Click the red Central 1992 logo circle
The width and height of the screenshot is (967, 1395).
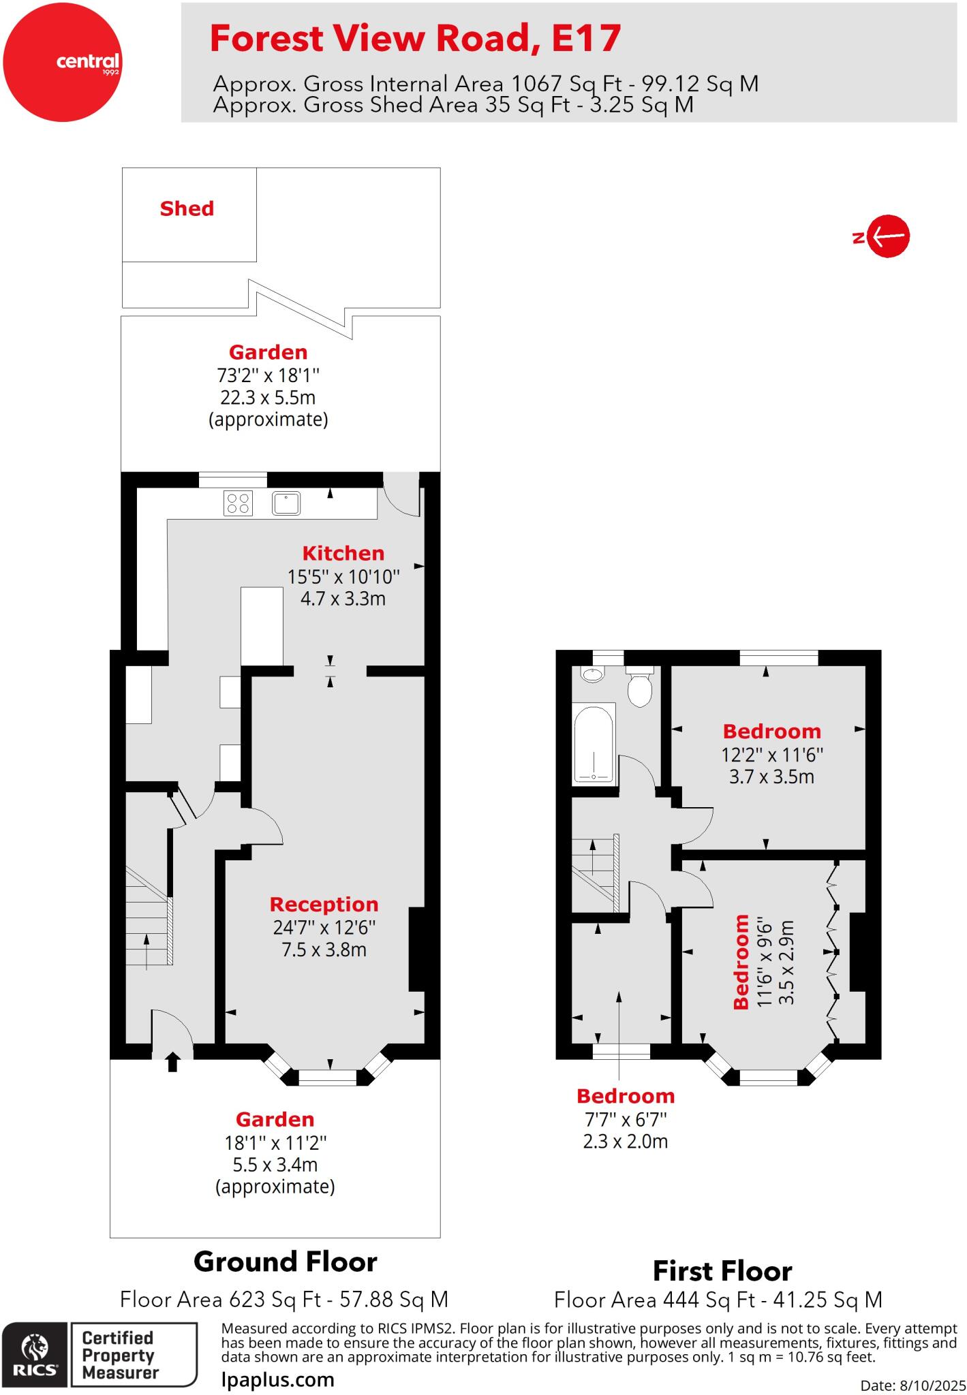click(x=62, y=62)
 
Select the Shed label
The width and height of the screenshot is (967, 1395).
click(x=187, y=208)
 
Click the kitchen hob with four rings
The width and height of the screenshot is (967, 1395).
click(x=238, y=503)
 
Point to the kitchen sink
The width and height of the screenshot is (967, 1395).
click(x=286, y=503)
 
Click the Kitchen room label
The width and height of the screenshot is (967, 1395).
click(x=343, y=553)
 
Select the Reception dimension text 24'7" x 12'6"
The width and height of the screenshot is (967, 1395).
click(x=324, y=927)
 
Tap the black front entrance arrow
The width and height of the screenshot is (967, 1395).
click(x=172, y=1062)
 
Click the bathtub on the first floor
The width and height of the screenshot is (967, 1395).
click(x=594, y=744)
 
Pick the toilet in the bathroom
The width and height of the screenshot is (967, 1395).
click(x=640, y=688)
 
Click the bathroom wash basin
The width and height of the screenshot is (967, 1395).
click(x=593, y=674)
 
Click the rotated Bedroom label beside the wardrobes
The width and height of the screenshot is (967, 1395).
click(x=741, y=961)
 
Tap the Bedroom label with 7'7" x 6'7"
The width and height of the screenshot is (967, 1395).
click(x=625, y=1096)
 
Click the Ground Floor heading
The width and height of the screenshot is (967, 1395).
click(x=285, y=1261)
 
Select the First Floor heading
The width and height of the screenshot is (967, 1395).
click(x=722, y=1271)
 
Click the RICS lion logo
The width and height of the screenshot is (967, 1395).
click(x=34, y=1355)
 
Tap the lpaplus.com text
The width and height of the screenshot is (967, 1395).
click(x=278, y=1379)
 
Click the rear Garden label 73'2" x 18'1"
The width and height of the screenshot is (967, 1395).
click(x=268, y=352)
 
